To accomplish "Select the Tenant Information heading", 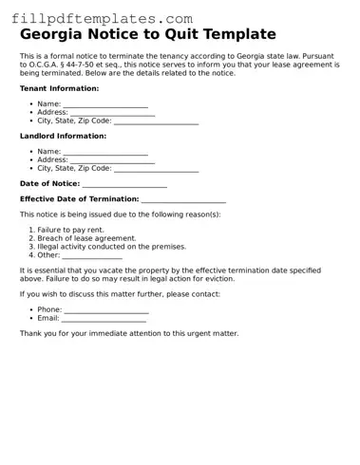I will coord(59,88).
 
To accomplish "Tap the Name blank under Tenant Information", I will coord(105,104).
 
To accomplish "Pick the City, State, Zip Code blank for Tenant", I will coord(156,121).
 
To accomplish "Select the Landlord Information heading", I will coord(63,137).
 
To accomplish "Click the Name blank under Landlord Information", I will coord(105,152).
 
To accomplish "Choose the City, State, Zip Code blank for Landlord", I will coord(156,169).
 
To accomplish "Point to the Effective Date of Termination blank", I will coord(183,199).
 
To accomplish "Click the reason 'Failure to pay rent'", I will coord(71,230).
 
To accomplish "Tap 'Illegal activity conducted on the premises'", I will coord(111,247).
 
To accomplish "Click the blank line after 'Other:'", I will coord(92,255).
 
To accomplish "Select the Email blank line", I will coord(104,319).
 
